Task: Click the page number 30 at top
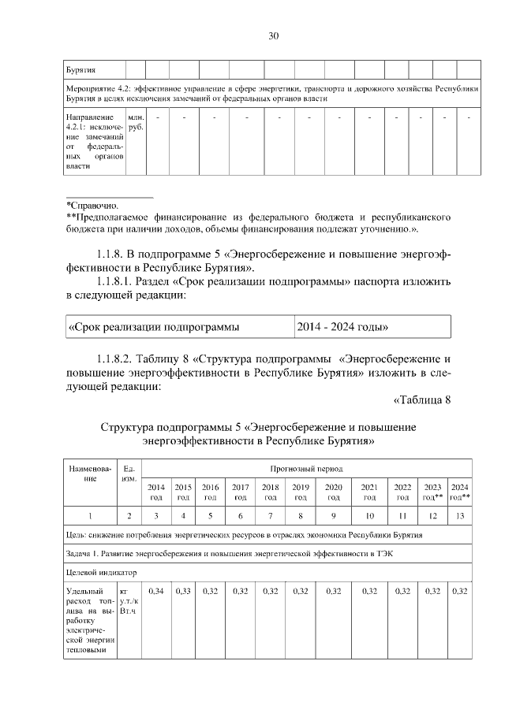[x=274, y=36]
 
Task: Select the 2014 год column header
[x=156, y=492]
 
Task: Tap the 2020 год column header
[x=334, y=492]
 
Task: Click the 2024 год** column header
[x=460, y=492]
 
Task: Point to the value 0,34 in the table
[x=156, y=590]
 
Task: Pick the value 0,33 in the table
[x=183, y=590]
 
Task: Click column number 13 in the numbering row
[x=460, y=516]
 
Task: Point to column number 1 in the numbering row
[x=90, y=516]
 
